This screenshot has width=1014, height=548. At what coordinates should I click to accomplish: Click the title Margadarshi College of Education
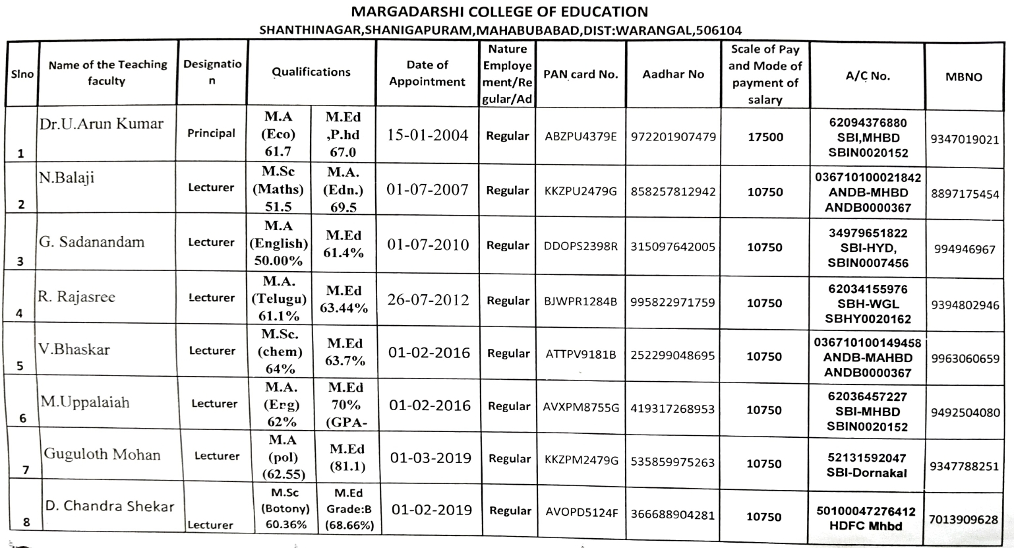coord(500,12)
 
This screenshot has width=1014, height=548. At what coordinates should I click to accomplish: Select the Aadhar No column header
coord(673,74)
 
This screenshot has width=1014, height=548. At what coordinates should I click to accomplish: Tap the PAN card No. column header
coord(580,74)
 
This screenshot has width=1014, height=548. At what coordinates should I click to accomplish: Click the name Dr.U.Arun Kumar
coord(101,124)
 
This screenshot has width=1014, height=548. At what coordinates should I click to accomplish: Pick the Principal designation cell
coord(211,133)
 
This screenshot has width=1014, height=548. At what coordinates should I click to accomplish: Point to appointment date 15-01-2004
coord(427,136)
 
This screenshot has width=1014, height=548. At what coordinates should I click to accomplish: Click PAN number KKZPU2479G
coord(580,191)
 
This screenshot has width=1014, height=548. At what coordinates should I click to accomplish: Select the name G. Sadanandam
coord(92,241)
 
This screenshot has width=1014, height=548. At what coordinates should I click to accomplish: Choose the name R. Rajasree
coord(76,297)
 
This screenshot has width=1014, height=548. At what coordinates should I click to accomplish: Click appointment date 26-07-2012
coord(428,300)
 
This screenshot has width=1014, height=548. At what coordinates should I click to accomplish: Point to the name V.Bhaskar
coord(74,349)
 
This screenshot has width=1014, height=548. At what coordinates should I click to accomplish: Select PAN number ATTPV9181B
coord(580,355)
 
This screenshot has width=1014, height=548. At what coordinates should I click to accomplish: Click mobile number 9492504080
coord(965,412)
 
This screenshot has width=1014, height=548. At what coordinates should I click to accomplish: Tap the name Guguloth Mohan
coord(102,454)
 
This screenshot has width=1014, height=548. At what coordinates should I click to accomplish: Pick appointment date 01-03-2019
coord(431,458)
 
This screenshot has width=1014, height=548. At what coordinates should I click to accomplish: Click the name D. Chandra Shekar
coord(109,506)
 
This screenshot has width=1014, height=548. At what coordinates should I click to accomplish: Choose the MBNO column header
coord(964,76)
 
